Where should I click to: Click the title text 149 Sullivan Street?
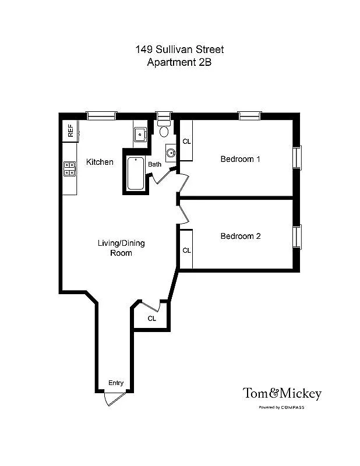click(x=179, y=50)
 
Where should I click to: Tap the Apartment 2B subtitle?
click(x=179, y=62)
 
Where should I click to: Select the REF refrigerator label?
click(x=70, y=130)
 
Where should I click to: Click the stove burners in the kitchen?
click(x=69, y=169)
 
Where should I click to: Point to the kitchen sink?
click(x=140, y=135)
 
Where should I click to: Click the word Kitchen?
click(x=100, y=162)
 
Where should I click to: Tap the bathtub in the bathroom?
click(x=136, y=173)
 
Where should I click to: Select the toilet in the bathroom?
click(x=164, y=128)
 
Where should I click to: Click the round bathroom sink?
click(x=171, y=153)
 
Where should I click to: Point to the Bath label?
click(x=154, y=164)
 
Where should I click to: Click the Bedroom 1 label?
click(x=240, y=159)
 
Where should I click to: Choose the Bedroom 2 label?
click(x=240, y=236)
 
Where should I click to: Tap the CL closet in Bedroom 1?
click(x=186, y=142)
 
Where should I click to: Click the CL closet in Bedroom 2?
click(x=186, y=250)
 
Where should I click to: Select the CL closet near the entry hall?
click(x=151, y=319)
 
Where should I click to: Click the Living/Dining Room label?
click(x=121, y=248)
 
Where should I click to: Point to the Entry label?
click(x=116, y=383)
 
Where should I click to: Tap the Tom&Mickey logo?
click(x=282, y=394)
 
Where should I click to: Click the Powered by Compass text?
click(x=281, y=407)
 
